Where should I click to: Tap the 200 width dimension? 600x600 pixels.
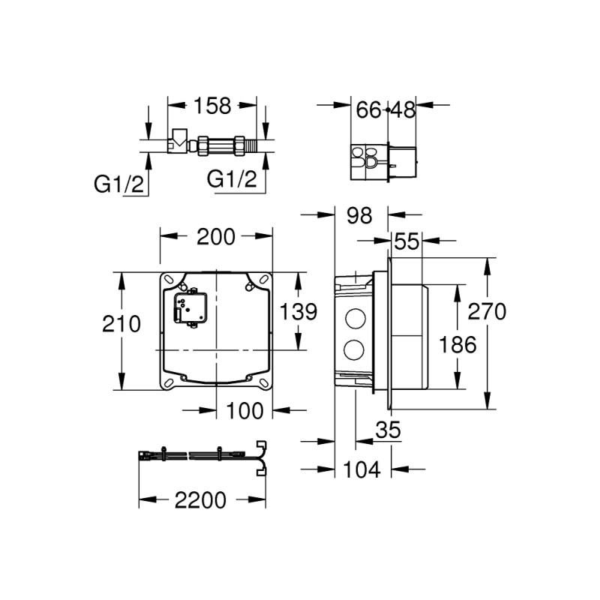coord(216,237)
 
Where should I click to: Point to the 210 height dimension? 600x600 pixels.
coord(122,324)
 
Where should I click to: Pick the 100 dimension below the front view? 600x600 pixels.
coord(244,410)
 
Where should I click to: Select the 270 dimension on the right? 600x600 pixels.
coord(489,311)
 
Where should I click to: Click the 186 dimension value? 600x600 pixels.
coord(457,344)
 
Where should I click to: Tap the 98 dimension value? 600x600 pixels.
coord(360,216)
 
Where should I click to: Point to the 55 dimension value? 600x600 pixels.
coord(407,241)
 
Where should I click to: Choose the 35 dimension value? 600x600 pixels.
coord(388,430)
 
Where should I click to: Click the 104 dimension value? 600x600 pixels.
coord(363,470)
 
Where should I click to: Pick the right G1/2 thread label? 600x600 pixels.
coord(232,178)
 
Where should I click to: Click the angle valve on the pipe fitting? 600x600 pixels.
coord(179,139)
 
